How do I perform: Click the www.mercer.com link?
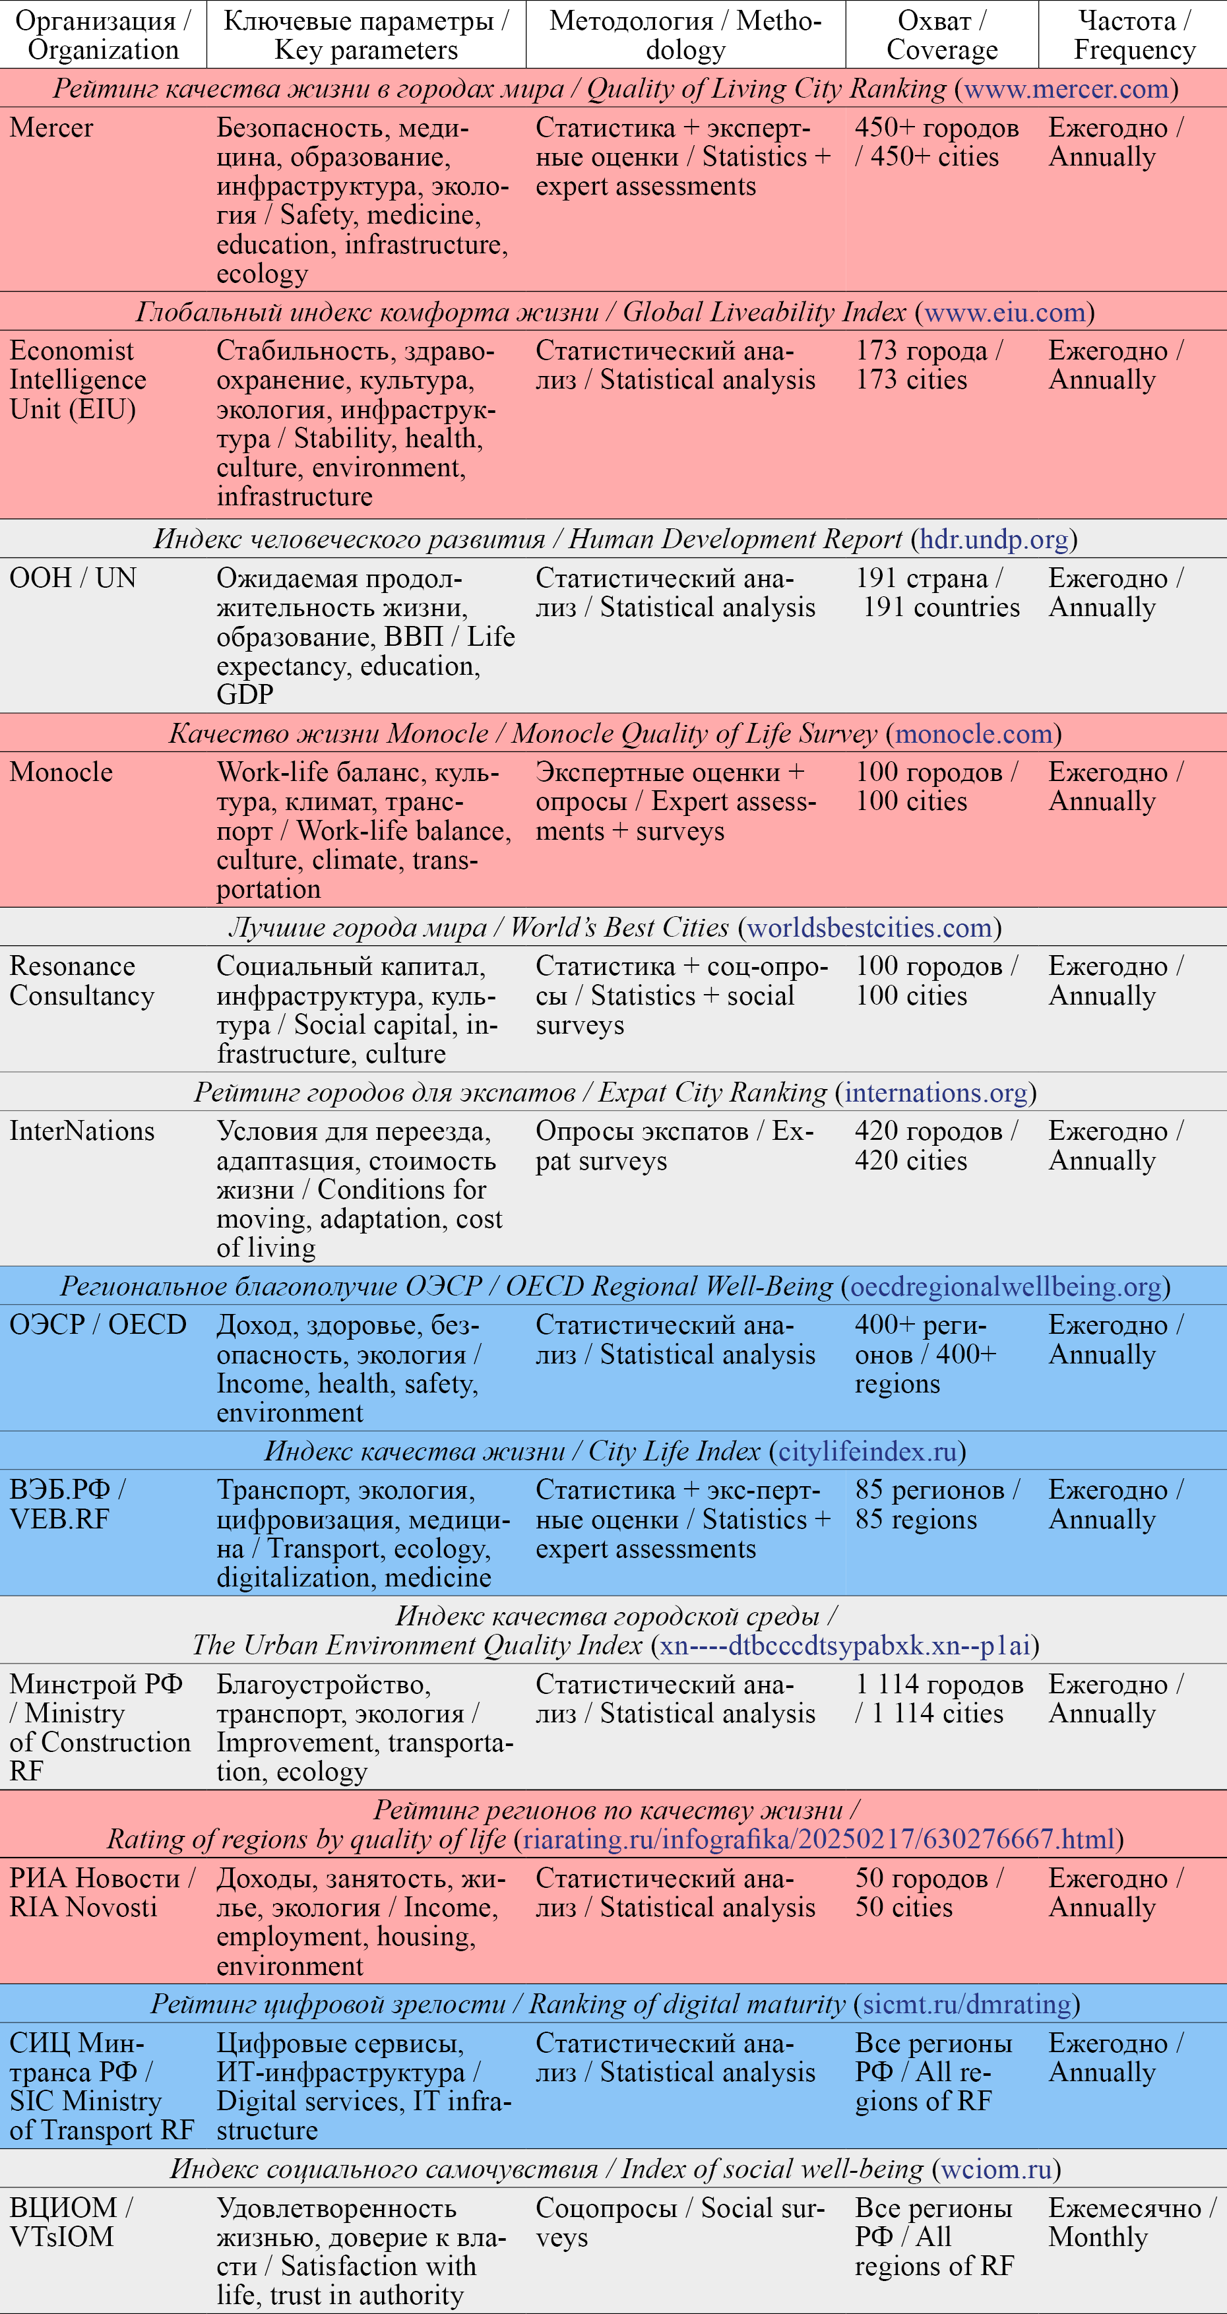pyautogui.click(x=1065, y=89)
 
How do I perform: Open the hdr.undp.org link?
pyautogui.click(x=993, y=539)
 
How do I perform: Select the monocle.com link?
pyautogui.click(x=973, y=734)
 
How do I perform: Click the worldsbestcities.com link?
pyautogui.click(x=869, y=928)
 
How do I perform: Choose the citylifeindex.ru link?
pyautogui.click(x=867, y=1452)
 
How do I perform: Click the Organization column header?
pyautogui.click(x=102, y=35)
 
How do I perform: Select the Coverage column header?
pyautogui.click(x=941, y=35)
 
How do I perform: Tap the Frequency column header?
pyautogui.click(x=1133, y=35)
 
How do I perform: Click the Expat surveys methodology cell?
pyautogui.click(x=675, y=1146)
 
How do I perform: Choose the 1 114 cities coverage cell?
pyautogui.click(x=939, y=1699)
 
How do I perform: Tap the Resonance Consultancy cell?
pyautogui.click(x=82, y=981)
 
